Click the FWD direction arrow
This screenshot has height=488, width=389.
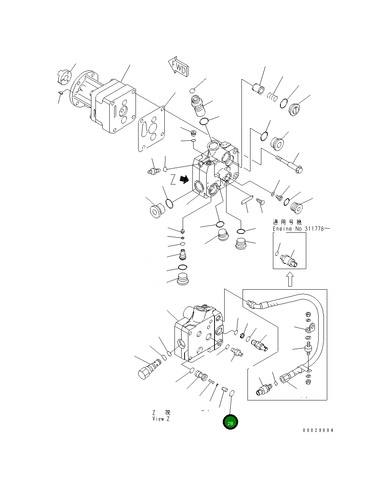pos(178,67)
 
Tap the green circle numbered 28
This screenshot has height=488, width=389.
pos(230,423)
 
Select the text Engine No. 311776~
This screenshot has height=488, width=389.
pos(301,229)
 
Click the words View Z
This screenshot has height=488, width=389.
pos(161,419)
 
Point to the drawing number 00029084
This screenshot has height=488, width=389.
pos(317,430)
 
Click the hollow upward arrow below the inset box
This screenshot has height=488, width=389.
pos(290,279)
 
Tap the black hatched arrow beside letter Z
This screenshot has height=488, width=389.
pos(184,180)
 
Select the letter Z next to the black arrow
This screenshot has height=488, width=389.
pos(173,180)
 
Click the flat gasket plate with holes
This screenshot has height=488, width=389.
pos(151,129)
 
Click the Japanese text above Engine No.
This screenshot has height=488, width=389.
pos(287,222)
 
